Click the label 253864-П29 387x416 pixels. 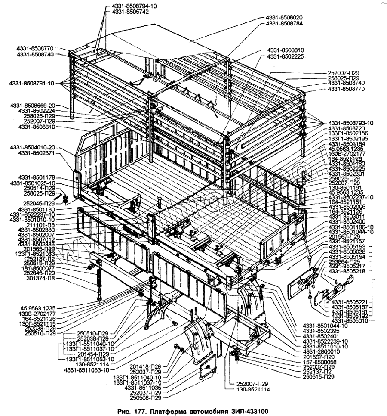coord(344,261)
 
